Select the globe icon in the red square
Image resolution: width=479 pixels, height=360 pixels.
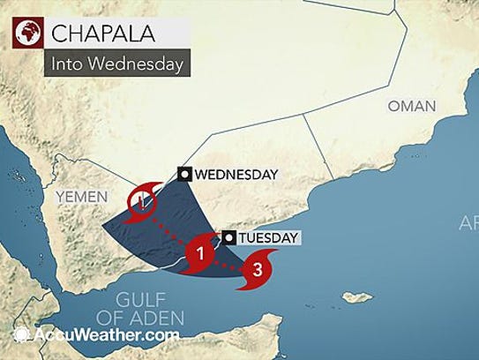click(26, 34)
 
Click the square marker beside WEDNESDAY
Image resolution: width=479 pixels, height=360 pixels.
click(184, 174)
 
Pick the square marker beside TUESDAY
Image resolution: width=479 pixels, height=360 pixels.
click(228, 237)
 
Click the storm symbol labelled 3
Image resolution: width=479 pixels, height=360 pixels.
click(256, 268)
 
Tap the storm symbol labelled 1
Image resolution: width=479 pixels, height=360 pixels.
click(202, 253)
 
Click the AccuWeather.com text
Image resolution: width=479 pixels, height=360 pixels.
click(107, 335)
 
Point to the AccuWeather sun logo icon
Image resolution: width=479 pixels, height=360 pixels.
click(22, 335)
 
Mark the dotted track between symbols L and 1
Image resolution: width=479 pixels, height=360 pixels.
click(171, 228)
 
